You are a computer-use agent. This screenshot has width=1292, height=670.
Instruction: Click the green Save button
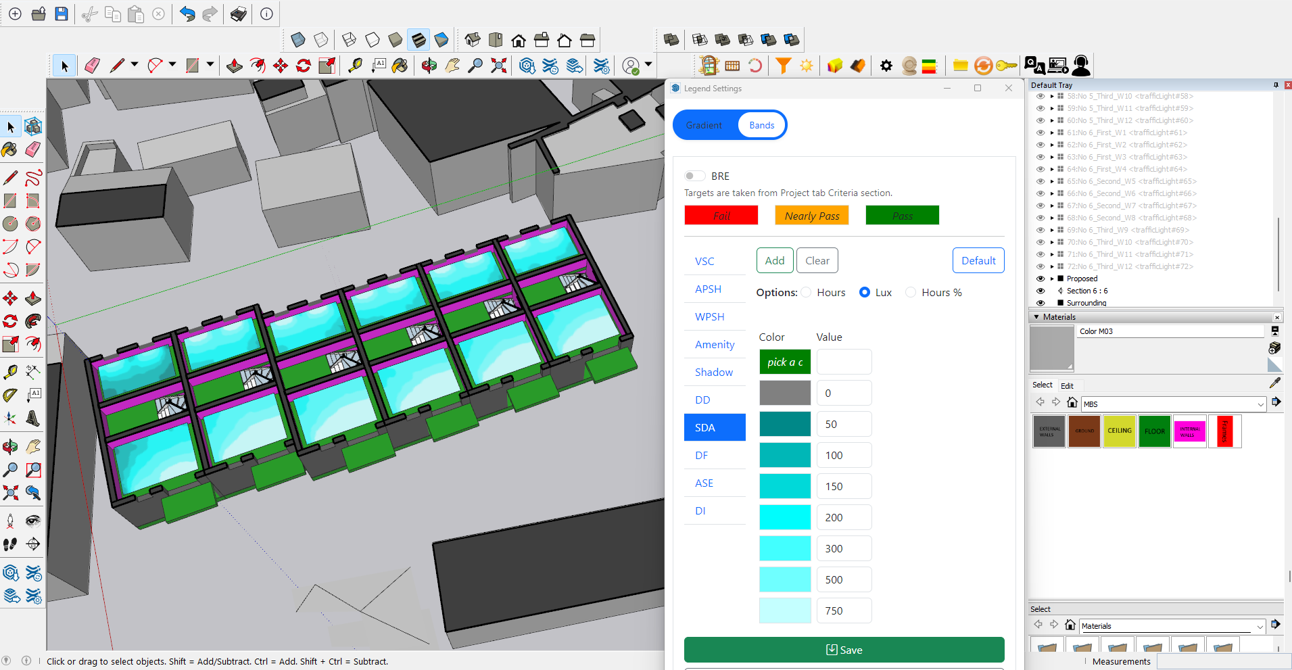(x=844, y=650)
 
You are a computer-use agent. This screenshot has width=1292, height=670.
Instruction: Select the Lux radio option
(x=865, y=292)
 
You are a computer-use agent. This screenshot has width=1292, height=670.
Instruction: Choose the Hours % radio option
(x=911, y=292)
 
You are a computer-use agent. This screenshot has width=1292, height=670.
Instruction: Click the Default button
(x=978, y=260)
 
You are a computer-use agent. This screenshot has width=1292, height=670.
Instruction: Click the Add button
(x=774, y=260)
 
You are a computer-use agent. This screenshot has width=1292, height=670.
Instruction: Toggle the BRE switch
(x=694, y=176)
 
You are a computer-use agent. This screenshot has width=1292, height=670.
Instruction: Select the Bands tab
(x=761, y=125)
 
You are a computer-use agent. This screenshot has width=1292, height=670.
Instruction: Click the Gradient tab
(x=704, y=125)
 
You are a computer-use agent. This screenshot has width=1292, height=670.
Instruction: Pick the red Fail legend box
(x=721, y=216)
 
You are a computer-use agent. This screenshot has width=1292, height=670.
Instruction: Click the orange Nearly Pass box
(x=811, y=216)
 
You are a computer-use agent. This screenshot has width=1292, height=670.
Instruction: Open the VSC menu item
(x=704, y=261)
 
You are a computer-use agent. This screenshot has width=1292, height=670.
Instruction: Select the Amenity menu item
(x=714, y=344)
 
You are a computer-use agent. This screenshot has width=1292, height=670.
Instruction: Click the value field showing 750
(x=843, y=611)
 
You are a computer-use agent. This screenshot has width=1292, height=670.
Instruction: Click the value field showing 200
(x=843, y=517)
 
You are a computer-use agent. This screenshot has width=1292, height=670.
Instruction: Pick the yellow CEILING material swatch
(x=1119, y=431)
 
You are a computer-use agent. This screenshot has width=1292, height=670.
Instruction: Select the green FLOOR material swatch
(x=1154, y=431)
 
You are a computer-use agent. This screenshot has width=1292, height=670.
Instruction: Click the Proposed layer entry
(x=1082, y=279)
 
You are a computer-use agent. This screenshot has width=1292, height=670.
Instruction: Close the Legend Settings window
(x=1008, y=88)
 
